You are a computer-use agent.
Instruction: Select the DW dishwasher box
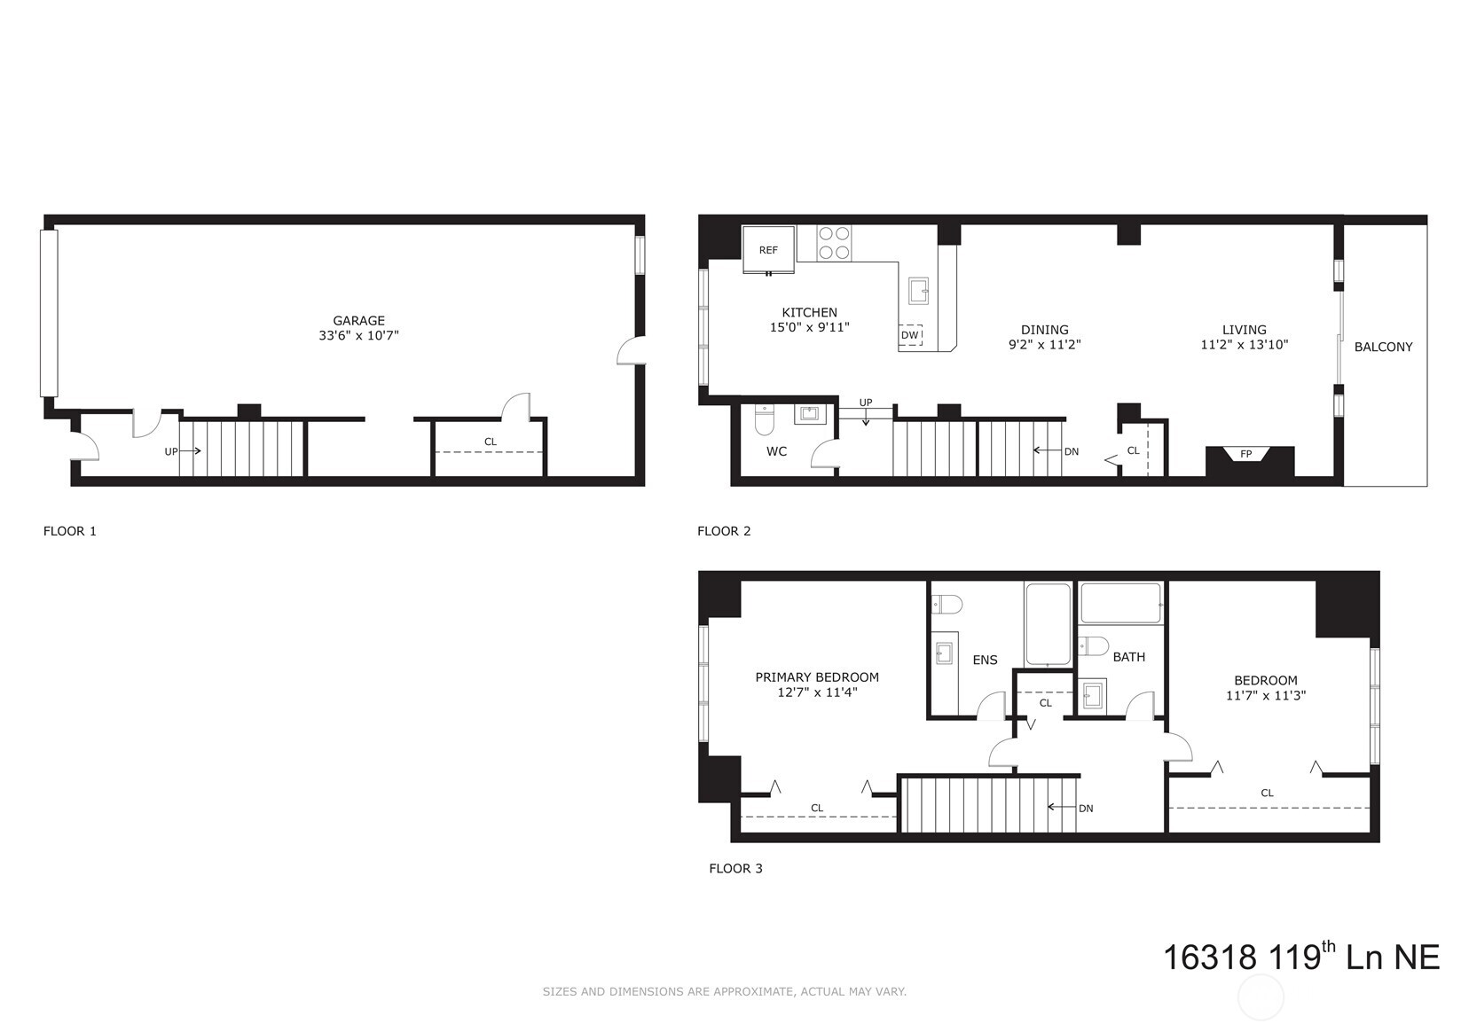(x=910, y=335)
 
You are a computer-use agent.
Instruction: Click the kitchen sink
(x=918, y=290)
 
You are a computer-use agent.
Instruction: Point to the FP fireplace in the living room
(x=1246, y=456)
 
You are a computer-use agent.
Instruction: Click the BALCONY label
(x=1383, y=347)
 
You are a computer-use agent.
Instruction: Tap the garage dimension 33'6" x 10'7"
(x=358, y=336)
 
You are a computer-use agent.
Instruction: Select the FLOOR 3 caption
(x=735, y=868)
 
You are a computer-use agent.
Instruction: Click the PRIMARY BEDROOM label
(x=817, y=676)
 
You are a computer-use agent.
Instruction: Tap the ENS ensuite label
(x=985, y=660)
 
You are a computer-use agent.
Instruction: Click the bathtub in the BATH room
(x=1121, y=604)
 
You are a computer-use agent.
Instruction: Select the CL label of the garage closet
(x=491, y=442)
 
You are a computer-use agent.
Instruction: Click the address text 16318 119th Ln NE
(x=1300, y=958)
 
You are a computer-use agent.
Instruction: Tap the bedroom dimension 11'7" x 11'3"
(x=1266, y=696)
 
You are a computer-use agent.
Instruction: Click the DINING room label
(x=1044, y=330)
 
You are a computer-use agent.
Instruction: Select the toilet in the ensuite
(x=947, y=605)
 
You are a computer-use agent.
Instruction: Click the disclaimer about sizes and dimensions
(x=724, y=992)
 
